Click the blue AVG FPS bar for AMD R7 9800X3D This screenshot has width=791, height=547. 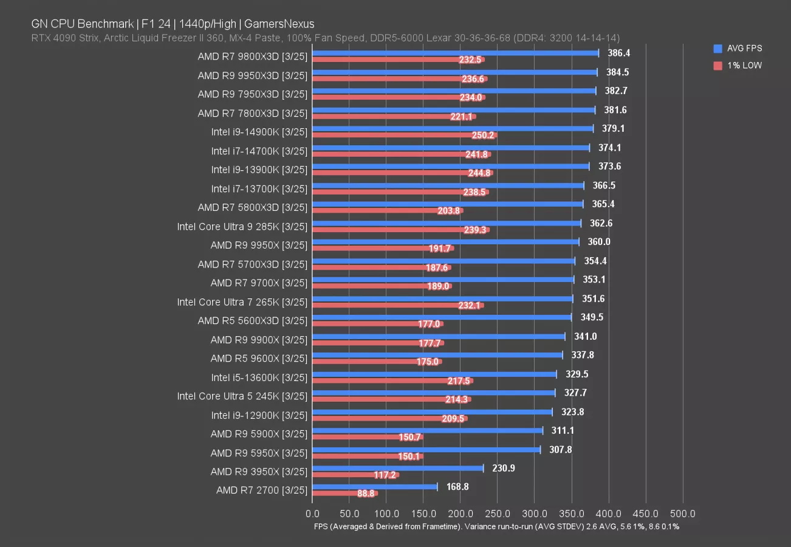click(x=455, y=53)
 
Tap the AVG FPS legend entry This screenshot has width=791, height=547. click(x=737, y=48)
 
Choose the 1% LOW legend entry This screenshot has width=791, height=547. click(x=737, y=65)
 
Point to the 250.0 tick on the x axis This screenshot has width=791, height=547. click(x=498, y=514)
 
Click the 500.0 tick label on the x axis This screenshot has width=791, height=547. click(x=683, y=514)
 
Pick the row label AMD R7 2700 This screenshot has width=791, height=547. click(x=262, y=490)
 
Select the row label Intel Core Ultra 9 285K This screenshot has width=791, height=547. click(x=242, y=226)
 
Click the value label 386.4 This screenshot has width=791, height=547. click(x=619, y=53)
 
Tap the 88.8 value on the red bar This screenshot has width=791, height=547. click(x=366, y=494)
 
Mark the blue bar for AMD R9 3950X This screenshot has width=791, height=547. click(x=398, y=468)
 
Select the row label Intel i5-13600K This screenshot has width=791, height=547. click(x=259, y=377)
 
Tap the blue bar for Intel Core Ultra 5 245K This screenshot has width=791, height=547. click(x=433, y=393)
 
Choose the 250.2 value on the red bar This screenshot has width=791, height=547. click(x=484, y=136)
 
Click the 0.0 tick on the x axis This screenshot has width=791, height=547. click(x=312, y=514)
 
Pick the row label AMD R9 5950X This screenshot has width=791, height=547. click(x=259, y=452)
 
